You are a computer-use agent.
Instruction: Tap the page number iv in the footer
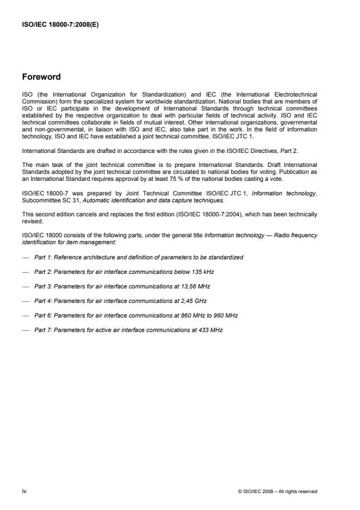pyautogui.click(x=24, y=491)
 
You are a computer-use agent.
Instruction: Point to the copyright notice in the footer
pyautogui.click(x=278, y=491)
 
